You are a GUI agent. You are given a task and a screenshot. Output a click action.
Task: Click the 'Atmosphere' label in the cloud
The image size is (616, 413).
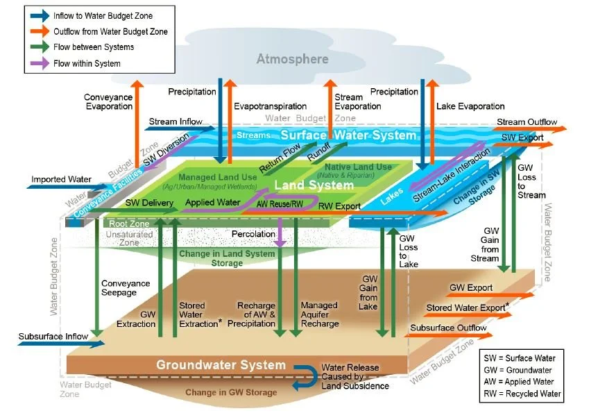(292, 59)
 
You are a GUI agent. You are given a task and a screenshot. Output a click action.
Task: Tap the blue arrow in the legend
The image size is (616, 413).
(39, 15)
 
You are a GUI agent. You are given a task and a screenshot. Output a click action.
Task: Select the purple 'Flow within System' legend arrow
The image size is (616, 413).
(39, 63)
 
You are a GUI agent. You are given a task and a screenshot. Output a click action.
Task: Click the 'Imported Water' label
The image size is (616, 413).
(61, 180)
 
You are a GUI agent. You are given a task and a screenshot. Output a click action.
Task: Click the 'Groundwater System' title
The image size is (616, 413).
(221, 365)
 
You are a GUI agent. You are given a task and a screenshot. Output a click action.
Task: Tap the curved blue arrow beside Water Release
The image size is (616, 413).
(302, 376)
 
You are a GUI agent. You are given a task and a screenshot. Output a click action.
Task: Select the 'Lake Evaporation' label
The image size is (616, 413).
(470, 106)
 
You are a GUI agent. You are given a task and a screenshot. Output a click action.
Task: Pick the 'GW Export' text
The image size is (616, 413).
(470, 287)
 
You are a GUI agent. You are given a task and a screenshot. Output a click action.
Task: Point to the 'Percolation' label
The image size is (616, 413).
(253, 234)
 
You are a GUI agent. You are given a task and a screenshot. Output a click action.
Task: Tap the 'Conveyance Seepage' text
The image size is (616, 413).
(126, 288)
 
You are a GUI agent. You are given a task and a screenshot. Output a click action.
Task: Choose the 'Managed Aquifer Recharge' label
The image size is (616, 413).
(319, 314)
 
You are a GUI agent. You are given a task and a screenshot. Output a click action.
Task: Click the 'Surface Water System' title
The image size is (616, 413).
(348, 135)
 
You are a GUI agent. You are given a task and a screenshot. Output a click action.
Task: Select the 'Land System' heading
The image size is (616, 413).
(303, 185)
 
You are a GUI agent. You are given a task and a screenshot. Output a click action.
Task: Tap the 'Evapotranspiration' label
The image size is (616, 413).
(270, 106)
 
